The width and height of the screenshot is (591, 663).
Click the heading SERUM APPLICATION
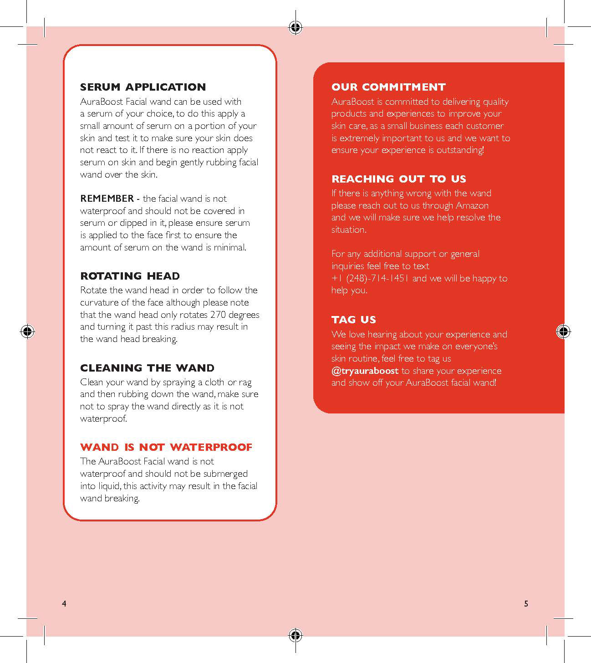click(143, 87)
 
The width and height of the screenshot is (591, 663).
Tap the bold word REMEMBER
click(107, 199)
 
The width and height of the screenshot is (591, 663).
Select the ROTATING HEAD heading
click(130, 276)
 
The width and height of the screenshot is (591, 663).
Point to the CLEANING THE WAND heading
click(147, 368)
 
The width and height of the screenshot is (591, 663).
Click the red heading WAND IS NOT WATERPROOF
click(166, 447)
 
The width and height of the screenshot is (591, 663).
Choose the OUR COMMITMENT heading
click(388, 87)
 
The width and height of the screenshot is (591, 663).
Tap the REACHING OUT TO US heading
click(398, 179)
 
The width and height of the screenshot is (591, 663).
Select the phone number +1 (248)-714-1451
click(371, 278)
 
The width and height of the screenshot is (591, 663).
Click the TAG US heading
click(354, 320)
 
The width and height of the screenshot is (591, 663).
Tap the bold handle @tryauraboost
click(365, 371)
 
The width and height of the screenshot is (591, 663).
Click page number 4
click(64, 604)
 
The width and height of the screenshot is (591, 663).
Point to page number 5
click(526, 604)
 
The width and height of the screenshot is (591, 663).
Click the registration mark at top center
click(295, 28)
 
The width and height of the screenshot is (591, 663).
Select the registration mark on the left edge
click(27, 331)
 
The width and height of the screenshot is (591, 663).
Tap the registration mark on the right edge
click(563, 331)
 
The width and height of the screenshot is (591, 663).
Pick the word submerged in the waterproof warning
click(225, 474)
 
